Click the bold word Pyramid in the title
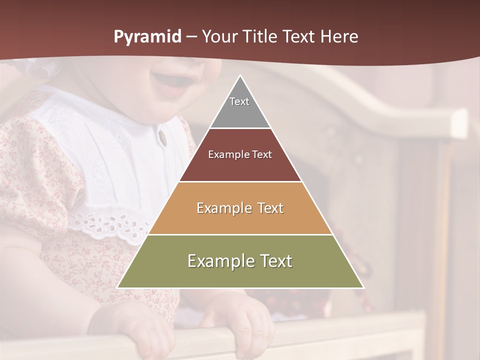pos(147,37)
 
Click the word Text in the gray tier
pos(239,101)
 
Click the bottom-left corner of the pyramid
pos(117,287)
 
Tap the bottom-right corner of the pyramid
pos(363,287)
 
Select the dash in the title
pos(192,37)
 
